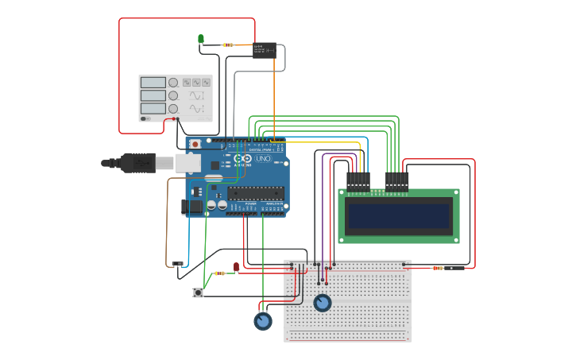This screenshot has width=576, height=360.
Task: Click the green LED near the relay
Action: coord(201,38)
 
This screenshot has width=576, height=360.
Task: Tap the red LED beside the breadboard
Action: coord(236,265)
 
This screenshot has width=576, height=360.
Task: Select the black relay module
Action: coord(264,50)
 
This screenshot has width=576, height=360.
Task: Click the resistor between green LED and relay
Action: coord(228,45)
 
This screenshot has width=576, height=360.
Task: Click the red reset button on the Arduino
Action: coord(195,145)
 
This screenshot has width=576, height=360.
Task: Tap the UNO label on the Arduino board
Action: coord(262,159)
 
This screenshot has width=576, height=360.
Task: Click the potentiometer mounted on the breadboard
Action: coord(322,303)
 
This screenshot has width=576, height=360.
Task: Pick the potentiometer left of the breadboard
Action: coord(262,321)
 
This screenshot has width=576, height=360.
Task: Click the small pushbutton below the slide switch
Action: coord(198,293)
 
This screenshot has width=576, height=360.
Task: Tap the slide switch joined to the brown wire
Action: coord(178,264)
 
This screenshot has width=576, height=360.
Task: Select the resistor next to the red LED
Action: coord(218,273)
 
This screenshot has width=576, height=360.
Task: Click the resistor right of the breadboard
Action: coord(438,268)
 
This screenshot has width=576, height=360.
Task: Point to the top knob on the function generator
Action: coord(173,82)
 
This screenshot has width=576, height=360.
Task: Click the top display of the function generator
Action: coord(153,82)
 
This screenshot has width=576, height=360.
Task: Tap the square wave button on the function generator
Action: coord(187,82)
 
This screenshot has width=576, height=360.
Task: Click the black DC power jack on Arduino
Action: coord(193,207)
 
